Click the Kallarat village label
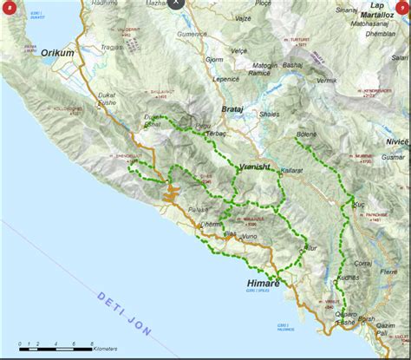coord(290,172)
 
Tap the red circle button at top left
coord(10,11)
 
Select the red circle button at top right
coord(400,11)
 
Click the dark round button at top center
coord(177,4)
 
